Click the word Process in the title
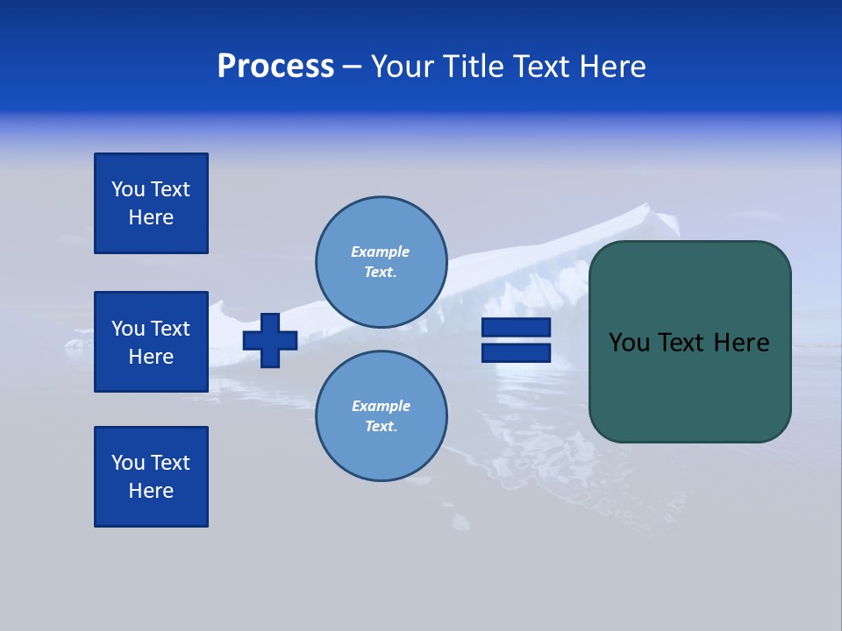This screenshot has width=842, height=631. pyautogui.click(x=275, y=67)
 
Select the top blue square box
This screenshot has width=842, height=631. pyautogui.click(x=151, y=203)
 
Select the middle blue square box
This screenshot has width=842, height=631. pyautogui.click(x=151, y=342)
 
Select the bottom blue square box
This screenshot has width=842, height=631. pyautogui.click(x=151, y=477)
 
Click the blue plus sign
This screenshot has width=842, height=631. pyautogui.click(x=270, y=340)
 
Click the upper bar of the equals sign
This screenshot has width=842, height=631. pyautogui.click(x=516, y=327)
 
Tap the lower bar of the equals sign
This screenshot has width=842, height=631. pyautogui.click(x=516, y=353)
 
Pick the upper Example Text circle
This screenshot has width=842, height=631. pyautogui.click(x=381, y=262)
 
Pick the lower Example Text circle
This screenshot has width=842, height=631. pyautogui.click(x=381, y=416)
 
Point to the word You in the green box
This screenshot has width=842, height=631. pyautogui.click(x=629, y=343)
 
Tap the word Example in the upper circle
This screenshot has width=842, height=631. pyautogui.click(x=380, y=252)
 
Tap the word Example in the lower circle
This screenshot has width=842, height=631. pyautogui.click(x=381, y=406)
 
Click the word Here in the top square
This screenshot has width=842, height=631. pyautogui.click(x=151, y=217)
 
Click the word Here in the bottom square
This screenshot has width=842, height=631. pyautogui.click(x=151, y=491)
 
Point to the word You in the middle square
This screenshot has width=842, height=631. pyautogui.click(x=128, y=329)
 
